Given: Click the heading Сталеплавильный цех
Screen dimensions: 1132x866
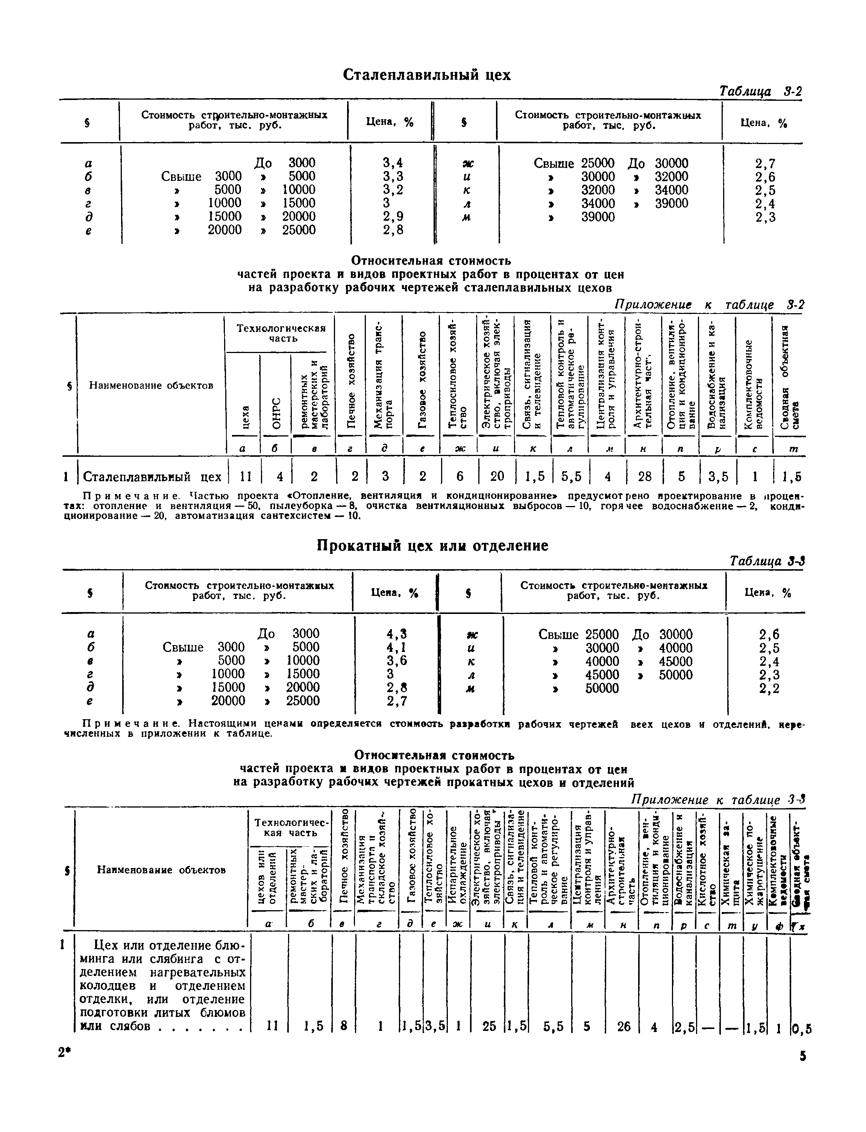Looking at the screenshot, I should pos(426,75).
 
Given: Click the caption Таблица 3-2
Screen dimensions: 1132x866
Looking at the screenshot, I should pos(760,91).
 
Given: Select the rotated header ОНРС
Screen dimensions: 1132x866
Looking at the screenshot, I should pos(276,412).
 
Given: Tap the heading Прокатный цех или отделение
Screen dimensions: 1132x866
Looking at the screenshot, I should pos(432,546).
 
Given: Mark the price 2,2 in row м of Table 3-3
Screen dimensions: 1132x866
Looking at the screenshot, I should pos(769,688).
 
